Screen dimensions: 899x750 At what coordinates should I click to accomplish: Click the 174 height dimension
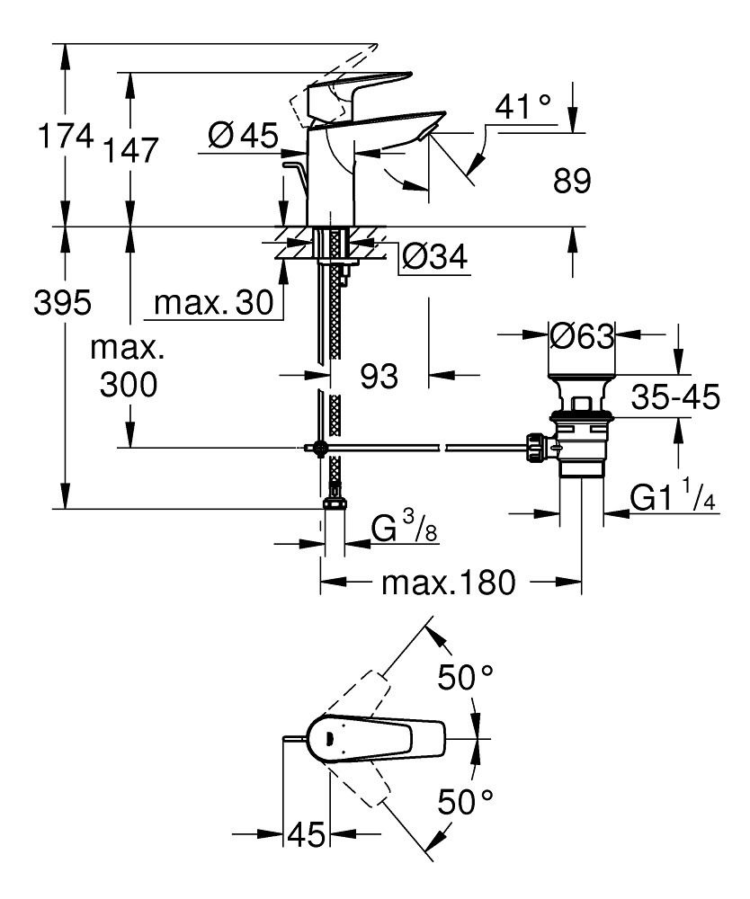[x=64, y=138]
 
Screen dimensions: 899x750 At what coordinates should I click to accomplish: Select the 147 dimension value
[x=129, y=150]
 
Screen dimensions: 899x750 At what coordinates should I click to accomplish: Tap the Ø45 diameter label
[x=243, y=138]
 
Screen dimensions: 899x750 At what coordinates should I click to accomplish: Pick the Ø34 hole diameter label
[x=434, y=258]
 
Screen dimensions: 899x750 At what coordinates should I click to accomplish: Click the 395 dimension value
[x=62, y=305]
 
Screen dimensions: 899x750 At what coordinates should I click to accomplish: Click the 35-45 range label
[x=675, y=396]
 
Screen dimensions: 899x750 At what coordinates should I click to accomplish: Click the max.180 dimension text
[x=449, y=583]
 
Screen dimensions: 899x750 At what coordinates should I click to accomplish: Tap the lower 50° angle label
[x=467, y=800]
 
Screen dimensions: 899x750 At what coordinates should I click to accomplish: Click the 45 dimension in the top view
[x=307, y=836]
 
